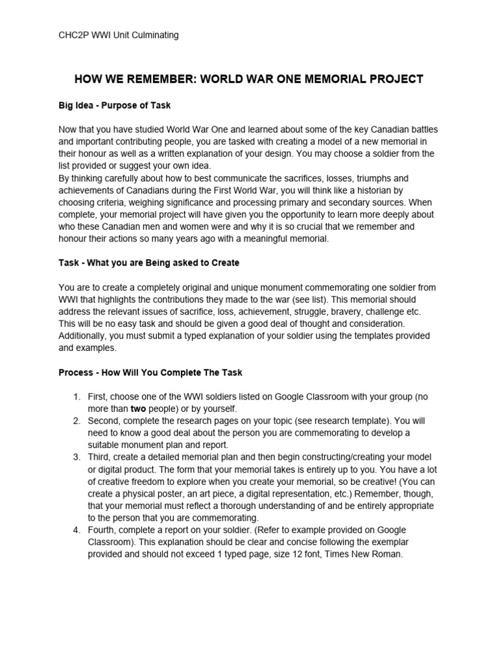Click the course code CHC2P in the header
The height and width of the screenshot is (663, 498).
point(73,35)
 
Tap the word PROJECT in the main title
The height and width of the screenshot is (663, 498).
point(394,79)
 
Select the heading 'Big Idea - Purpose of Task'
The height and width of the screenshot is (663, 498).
point(114,104)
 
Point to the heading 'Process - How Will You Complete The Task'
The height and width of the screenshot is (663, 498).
point(150,373)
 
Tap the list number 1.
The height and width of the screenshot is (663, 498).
point(76,396)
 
